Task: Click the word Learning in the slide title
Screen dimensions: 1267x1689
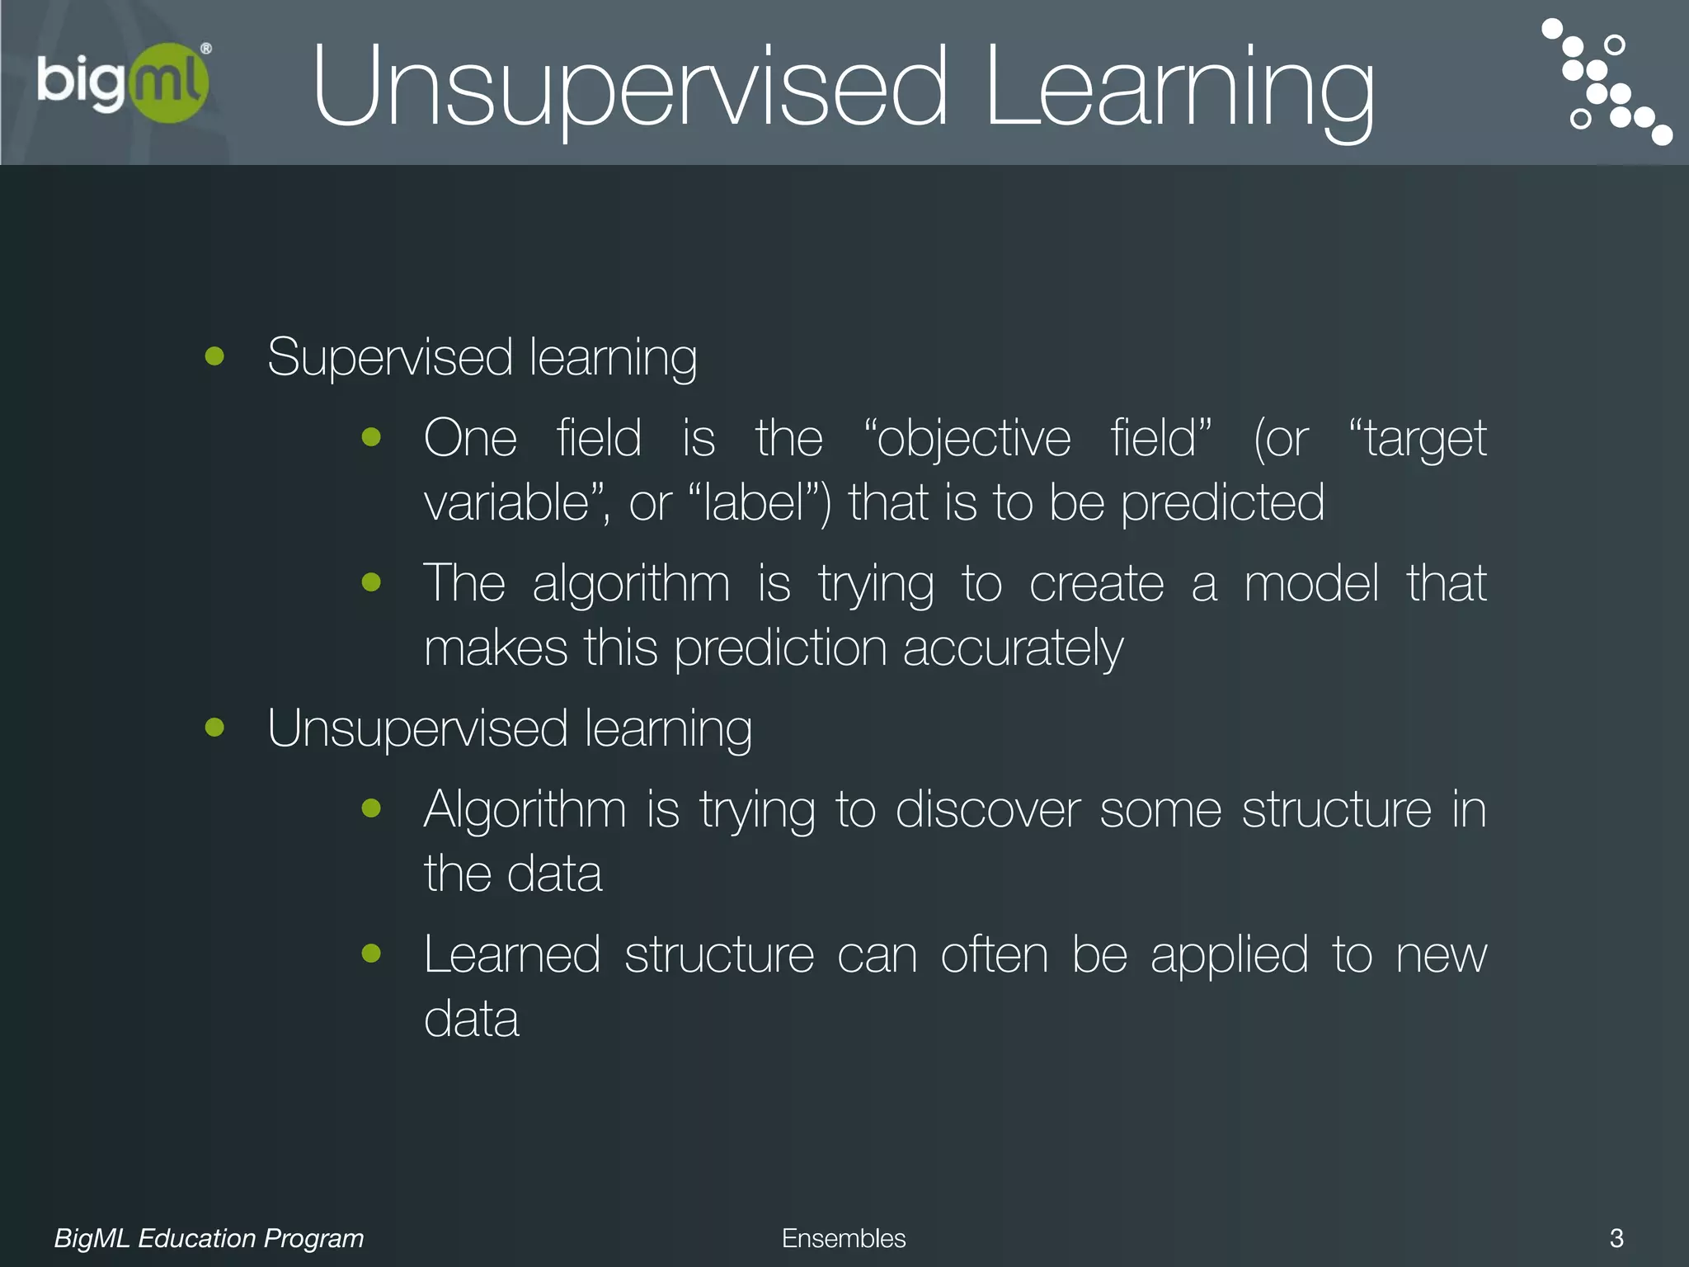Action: [1179, 89]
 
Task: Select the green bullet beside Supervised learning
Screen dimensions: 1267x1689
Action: [215, 356]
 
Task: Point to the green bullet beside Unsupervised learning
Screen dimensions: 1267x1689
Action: [215, 728]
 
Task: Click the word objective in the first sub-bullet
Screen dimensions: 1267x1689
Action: [973, 438]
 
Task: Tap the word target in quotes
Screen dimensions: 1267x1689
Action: [1426, 438]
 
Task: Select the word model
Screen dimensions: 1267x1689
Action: [1311, 583]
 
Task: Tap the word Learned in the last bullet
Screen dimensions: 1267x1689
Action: [511, 954]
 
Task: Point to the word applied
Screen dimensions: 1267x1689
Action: [1229, 956]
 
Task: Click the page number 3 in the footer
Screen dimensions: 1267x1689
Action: [1616, 1237]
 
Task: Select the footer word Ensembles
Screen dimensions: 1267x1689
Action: [843, 1238]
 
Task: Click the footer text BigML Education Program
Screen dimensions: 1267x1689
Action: [209, 1238]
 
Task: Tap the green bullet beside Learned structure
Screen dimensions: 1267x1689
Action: [372, 954]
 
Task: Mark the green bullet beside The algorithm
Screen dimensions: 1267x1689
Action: [372, 582]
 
